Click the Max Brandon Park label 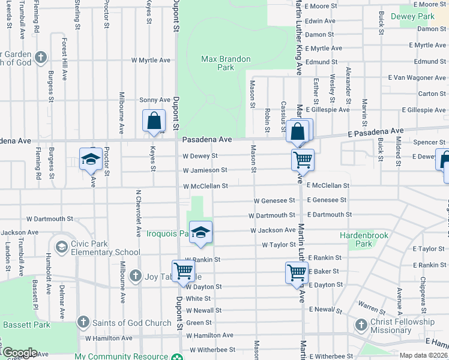[226, 64]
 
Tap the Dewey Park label [417, 16]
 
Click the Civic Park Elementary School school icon [61, 247]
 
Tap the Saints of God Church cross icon [83, 323]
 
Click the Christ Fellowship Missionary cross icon [361, 325]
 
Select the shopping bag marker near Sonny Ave [154, 120]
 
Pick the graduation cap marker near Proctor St [91, 159]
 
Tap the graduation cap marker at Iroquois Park [201, 234]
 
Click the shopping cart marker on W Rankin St [183, 271]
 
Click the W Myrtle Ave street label [151, 60]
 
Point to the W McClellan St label [206, 186]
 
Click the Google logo [19, 352]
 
